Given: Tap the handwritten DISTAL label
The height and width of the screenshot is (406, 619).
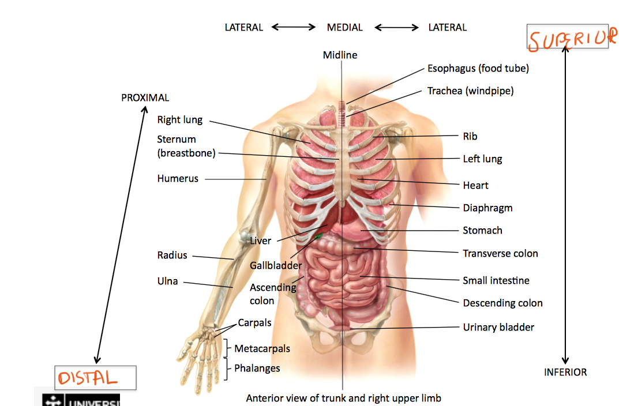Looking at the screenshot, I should pyautogui.click(x=87, y=378).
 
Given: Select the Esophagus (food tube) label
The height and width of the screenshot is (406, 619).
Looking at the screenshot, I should pyautogui.click(x=478, y=69).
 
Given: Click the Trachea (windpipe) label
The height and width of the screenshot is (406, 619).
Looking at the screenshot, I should pyautogui.click(x=470, y=91).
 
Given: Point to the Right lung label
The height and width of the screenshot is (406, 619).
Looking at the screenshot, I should pyautogui.click(x=180, y=120).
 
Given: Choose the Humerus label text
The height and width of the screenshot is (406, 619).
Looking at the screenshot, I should pyautogui.click(x=178, y=179).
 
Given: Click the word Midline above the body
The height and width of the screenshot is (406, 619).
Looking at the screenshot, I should pyautogui.click(x=340, y=55).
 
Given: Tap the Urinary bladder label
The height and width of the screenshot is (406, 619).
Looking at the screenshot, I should pyautogui.click(x=498, y=328).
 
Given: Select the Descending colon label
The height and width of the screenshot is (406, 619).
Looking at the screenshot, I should pyautogui.click(x=502, y=303).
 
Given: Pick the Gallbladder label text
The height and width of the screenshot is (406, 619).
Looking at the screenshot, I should pyautogui.click(x=276, y=266).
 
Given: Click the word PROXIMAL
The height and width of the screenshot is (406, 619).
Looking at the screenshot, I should pyautogui.click(x=145, y=98).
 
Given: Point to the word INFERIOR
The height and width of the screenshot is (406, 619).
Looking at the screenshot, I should pyautogui.click(x=565, y=373).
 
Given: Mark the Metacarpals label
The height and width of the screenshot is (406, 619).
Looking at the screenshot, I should pyautogui.click(x=262, y=349).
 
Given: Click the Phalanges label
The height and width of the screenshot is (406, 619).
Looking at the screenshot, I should pyautogui.click(x=257, y=369).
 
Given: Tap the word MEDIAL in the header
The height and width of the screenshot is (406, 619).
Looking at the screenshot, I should pyautogui.click(x=345, y=28).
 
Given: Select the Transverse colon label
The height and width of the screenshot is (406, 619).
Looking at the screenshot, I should pyautogui.click(x=500, y=254).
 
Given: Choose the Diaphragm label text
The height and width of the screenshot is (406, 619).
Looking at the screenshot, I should pyautogui.click(x=487, y=208).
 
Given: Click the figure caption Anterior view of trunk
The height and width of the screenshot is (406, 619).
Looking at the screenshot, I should pyautogui.click(x=344, y=399).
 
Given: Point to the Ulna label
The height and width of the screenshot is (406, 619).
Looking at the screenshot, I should pyautogui.click(x=167, y=281).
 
